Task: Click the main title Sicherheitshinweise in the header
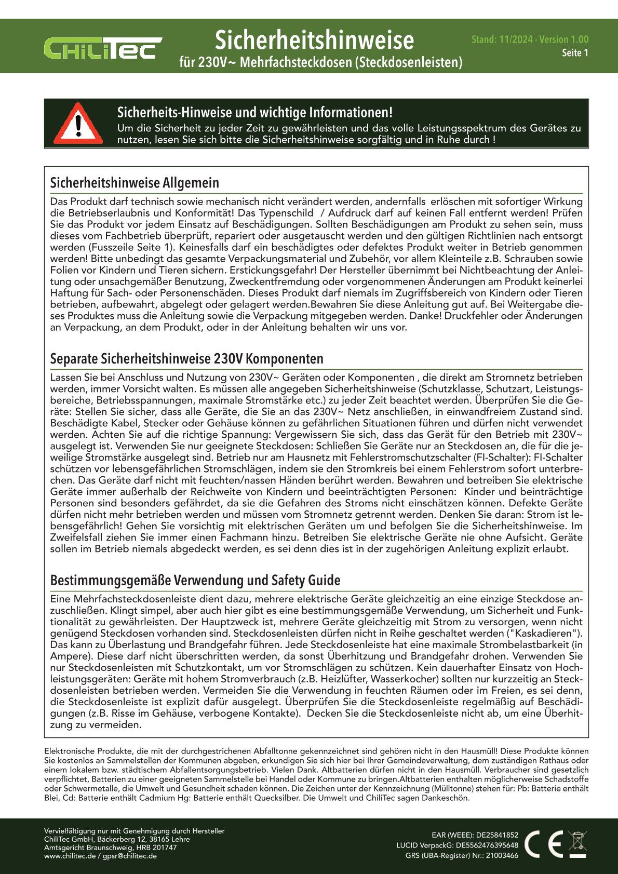point(314,40)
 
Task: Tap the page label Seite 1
point(575,53)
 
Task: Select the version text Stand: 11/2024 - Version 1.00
point(530,39)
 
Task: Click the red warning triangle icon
point(78,124)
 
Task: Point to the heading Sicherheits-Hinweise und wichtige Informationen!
point(254,113)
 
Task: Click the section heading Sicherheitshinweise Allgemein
point(135,183)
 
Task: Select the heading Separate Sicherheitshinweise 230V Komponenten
point(186,359)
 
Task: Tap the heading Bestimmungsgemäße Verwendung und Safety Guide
point(195,580)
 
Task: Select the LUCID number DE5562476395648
point(487,845)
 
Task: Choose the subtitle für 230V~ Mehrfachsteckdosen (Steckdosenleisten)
point(320,62)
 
